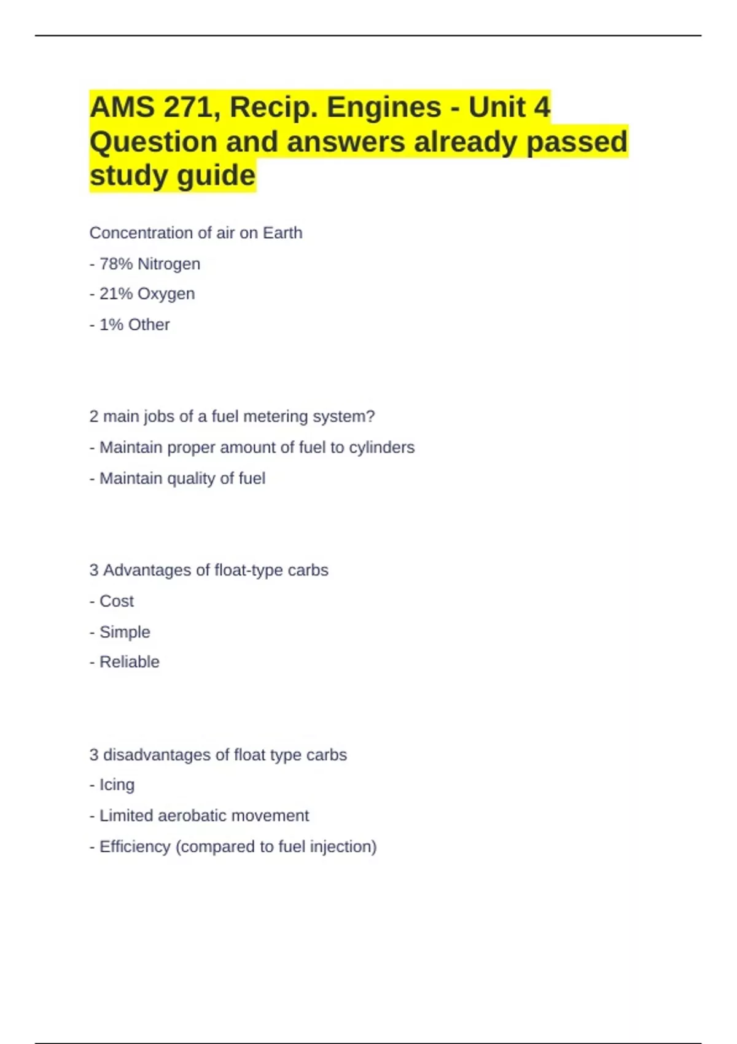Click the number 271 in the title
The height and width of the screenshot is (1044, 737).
coord(189,107)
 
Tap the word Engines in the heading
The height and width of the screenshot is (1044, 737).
coord(384,107)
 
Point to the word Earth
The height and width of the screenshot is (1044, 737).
coord(283,233)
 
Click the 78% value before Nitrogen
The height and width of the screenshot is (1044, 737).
coord(116,264)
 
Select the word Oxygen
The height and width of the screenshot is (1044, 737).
coord(166,294)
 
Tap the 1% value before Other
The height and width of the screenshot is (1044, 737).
coord(111,325)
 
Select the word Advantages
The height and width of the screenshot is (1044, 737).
coord(147,571)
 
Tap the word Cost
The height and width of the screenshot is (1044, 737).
coord(117,601)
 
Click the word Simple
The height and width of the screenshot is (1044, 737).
coord(125,632)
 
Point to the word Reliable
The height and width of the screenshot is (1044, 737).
coord(130,662)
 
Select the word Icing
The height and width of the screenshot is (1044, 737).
coord(117,785)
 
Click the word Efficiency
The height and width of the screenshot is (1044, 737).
coord(135,847)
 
